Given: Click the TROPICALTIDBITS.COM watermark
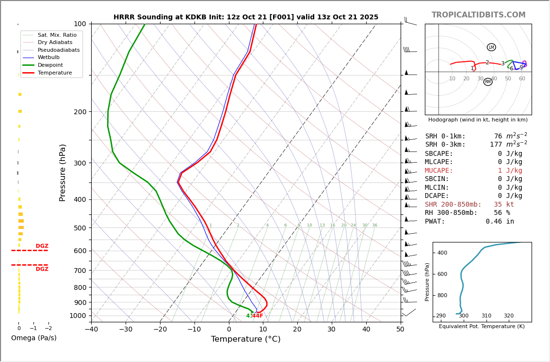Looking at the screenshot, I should click(478, 15).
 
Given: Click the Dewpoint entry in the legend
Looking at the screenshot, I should click(54, 65).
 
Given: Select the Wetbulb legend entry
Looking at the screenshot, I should click(51, 57).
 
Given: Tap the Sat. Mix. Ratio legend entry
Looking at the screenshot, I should click(57, 35).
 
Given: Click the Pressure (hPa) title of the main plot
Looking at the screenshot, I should click(63, 172).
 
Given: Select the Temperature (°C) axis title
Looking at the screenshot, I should click(245, 340).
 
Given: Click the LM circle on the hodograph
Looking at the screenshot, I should click(491, 47).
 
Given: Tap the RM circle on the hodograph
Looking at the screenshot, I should click(488, 82).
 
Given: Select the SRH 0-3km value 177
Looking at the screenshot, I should click(496, 145).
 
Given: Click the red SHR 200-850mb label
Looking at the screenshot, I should click(453, 205).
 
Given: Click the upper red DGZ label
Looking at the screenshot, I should click(42, 246).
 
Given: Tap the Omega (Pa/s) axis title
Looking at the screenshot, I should click(33, 338).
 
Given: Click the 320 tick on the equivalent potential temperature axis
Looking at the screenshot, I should click(508, 316).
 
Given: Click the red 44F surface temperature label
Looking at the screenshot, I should click(258, 316).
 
